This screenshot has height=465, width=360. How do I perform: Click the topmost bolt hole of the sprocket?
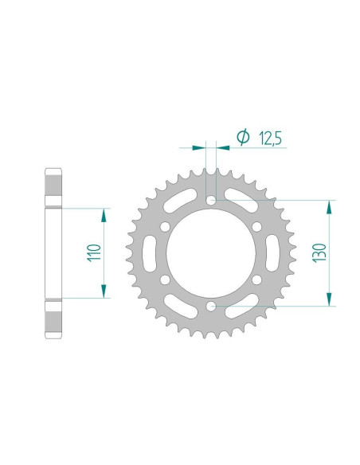211,200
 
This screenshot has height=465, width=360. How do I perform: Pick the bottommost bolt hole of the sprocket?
211,305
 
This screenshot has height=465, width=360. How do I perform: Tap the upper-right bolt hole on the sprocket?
256,227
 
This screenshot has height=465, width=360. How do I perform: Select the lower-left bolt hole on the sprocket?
166,279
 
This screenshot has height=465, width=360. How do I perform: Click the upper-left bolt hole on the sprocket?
166,227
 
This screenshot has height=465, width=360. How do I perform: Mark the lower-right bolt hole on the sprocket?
256,279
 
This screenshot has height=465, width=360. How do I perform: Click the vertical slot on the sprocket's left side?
150,252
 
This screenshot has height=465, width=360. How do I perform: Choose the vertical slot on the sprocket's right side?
272,252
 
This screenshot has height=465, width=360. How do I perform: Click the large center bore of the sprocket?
211,252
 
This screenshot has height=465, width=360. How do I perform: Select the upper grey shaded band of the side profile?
53,189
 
